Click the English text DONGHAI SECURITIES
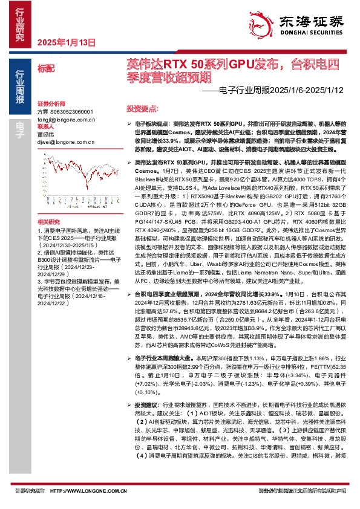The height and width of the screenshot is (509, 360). pyautogui.click(x=310, y=34)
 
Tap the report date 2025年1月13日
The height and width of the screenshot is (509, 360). pyautogui.click(x=67, y=42)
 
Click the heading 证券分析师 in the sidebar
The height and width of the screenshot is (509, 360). pyautogui.click(x=50, y=103)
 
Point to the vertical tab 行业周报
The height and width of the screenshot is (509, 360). pyautogui.click(x=19, y=88)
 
